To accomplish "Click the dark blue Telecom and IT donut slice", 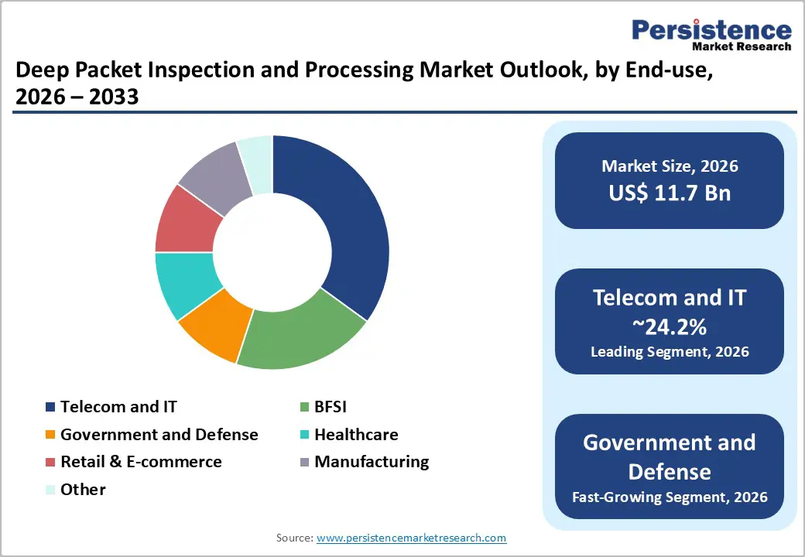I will coord(348,224).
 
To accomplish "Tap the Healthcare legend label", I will coord(355,434).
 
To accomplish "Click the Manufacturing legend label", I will coord(371,462).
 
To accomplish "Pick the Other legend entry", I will coord(83,490).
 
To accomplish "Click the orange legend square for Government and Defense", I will coord(50,435).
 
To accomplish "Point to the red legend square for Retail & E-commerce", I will coord(50,463).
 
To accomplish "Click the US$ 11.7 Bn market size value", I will coord(669,193).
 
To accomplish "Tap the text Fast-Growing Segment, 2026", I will coord(669,497).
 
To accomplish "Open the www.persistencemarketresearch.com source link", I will coord(411,538).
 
